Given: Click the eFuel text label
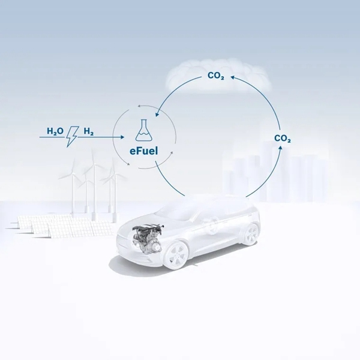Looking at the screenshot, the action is coord(144,151).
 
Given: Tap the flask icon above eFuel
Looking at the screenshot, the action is coord(144,130).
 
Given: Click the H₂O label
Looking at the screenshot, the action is coord(55,131).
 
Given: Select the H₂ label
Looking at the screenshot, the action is coord(89,131).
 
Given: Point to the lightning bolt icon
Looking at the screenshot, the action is coord(72,136).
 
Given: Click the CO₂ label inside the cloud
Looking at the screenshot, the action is coord(216,76).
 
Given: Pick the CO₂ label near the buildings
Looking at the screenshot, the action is coord(283,139).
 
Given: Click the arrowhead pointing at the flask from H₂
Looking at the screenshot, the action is coord(122,137).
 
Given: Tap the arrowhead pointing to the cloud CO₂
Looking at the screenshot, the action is coord(232,77).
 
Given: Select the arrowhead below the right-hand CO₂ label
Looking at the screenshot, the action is coord(280,147).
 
